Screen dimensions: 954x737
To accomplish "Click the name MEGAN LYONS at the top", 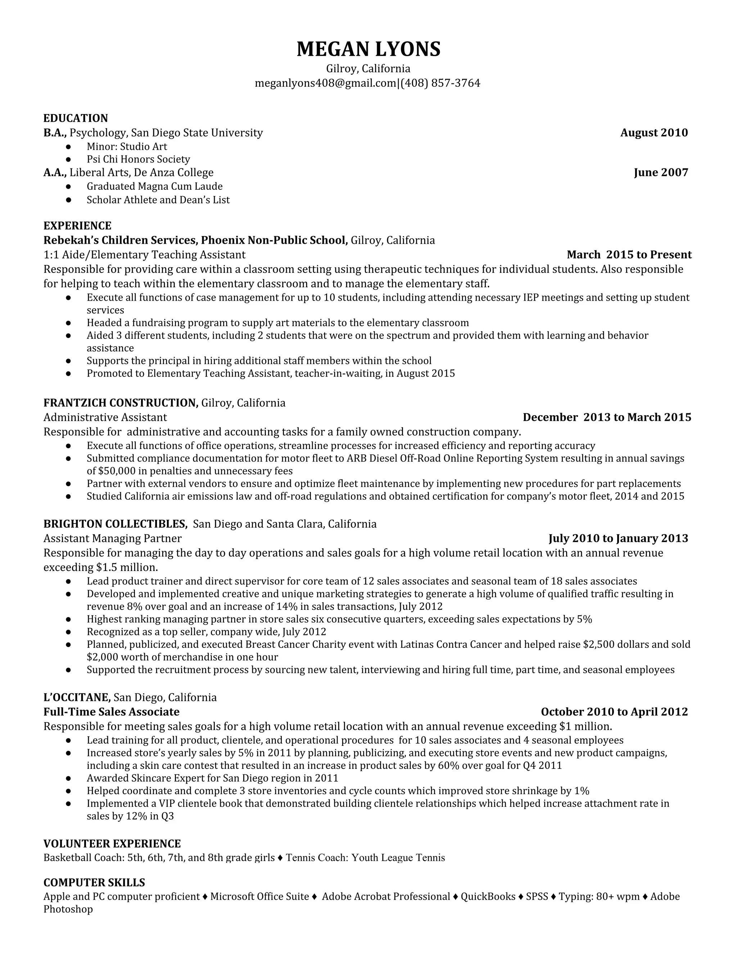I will coord(368,49).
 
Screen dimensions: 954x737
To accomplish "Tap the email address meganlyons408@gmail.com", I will coord(325,83).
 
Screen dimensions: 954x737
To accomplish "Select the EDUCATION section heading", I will coord(76,118).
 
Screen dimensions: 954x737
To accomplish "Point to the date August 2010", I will coord(654,133).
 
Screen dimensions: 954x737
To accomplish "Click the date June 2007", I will coord(661,172).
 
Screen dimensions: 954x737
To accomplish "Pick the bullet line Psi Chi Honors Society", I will coord(138,159).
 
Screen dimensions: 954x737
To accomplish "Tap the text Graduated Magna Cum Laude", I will coord(154,186).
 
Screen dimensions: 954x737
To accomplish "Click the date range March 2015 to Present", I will coord(629,255).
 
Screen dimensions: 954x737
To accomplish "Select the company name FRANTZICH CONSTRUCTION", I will coord(121,403).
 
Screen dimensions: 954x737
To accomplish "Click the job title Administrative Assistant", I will coord(105,417).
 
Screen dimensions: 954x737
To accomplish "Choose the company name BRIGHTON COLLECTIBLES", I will coord(115,524).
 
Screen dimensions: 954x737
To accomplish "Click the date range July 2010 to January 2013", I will coord(618,538).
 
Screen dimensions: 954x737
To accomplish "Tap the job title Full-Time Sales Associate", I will coord(111,712).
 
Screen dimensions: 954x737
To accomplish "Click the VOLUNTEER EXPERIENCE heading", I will coord(112,843).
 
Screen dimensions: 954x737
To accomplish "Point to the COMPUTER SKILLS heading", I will coord(94,883).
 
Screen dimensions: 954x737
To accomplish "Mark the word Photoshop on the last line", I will coord(68,909).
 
